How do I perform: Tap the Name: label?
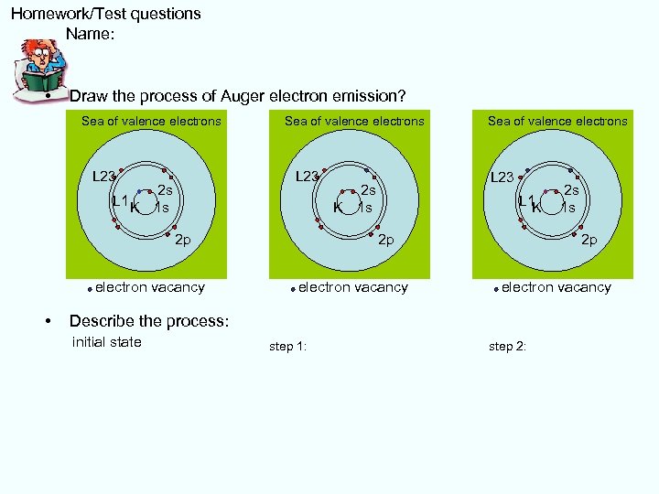tap(90, 35)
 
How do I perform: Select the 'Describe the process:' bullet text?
tap(148, 321)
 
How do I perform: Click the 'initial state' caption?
tap(106, 342)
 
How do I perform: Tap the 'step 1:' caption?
tap(287, 347)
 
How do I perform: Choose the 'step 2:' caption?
tap(507, 347)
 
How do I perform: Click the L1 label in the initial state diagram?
tap(118, 201)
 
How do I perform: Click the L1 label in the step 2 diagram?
tap(524, 201)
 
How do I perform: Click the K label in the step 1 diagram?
tap(338, 208)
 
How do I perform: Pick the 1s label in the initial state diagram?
tap(162, 208)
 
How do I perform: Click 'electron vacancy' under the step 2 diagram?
tap(556, 287)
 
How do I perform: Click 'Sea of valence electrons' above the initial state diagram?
tap(151, 121)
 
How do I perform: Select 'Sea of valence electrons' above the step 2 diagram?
tap(557, 121)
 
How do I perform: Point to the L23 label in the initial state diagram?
tap(103, 177)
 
